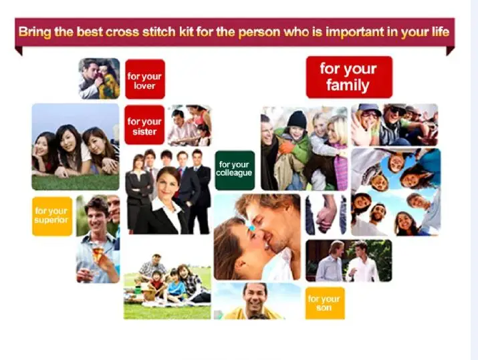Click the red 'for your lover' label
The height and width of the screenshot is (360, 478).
[145, 79]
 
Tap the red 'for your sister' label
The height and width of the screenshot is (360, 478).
[144, 125]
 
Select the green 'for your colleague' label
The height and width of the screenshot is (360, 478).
[235, 170]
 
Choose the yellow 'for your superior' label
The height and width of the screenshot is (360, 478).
[52, 216]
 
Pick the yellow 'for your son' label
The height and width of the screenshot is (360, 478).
[325, 303]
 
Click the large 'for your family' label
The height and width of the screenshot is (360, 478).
[350, 77]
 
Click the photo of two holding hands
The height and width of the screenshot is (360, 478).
[326, 214]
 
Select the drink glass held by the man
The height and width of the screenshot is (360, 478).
[97, 252]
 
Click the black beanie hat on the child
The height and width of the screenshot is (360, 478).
[297, 119]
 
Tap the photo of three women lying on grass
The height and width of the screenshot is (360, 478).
[76, 147]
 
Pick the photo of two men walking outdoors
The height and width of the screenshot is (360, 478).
[349, 260]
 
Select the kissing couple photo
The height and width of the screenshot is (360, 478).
[257, 237]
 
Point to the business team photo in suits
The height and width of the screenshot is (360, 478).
[168, 192]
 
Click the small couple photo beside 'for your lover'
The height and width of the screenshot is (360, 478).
[99, 79]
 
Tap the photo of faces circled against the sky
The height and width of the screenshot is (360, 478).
[396, 192]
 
